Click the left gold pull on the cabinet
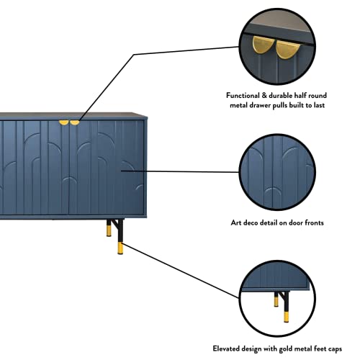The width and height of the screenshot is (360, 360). (x=64, y=122)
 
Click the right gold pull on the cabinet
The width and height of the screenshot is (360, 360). (x=74, y=122)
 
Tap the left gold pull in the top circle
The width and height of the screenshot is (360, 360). (x=262, y=45)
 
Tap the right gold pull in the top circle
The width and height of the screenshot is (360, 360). (x=287, y=50)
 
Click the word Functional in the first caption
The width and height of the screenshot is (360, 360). (x=243, y=96)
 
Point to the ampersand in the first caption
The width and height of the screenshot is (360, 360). (x=264, y=96)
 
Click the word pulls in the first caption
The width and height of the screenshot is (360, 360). (x=280, y=105)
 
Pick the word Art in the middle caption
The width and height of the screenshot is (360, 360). (x=236, y=222)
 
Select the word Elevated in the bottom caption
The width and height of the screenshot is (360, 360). (x=226, y=348)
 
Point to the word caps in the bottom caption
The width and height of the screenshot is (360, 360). (x=334, y=349)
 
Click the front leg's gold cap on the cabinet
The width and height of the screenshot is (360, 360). (x=120, y=248)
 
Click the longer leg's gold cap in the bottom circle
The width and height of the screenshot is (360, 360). (x=286, y=317)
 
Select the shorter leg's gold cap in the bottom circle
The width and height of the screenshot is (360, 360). (x=276, y=302)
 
